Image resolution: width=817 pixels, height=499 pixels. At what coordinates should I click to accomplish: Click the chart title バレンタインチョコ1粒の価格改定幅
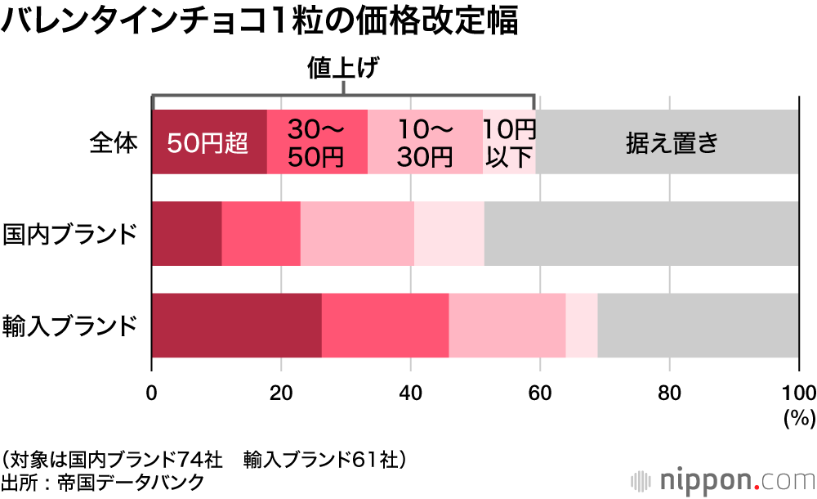tap(260, 22)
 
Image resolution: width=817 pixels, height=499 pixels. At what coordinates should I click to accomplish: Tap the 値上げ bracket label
tap(343, 68)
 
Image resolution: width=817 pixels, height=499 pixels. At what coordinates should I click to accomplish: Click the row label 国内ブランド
tap(69, 234)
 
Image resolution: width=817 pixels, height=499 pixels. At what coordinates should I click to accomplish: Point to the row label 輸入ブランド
tap(69, 326)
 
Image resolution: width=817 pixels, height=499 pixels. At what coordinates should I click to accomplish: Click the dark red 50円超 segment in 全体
tap(209, 142)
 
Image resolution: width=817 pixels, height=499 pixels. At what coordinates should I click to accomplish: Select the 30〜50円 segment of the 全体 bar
tap(318, 142)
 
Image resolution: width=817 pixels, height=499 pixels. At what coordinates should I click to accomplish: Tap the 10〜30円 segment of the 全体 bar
tap(425, 142)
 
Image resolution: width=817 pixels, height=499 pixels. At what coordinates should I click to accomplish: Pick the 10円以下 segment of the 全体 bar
tap(509, 142)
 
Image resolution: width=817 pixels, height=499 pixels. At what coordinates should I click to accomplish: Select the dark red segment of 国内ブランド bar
tap(186, 234)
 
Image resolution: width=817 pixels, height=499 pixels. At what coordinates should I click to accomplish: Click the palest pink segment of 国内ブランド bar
tap(449, 234)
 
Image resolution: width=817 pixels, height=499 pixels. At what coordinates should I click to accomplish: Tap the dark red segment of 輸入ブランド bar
tap(236, 326)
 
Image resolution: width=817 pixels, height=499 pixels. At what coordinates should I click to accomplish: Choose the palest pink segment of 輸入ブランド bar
tap(582, 326)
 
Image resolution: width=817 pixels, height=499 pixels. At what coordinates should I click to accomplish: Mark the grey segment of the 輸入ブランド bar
tap(699, 326)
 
